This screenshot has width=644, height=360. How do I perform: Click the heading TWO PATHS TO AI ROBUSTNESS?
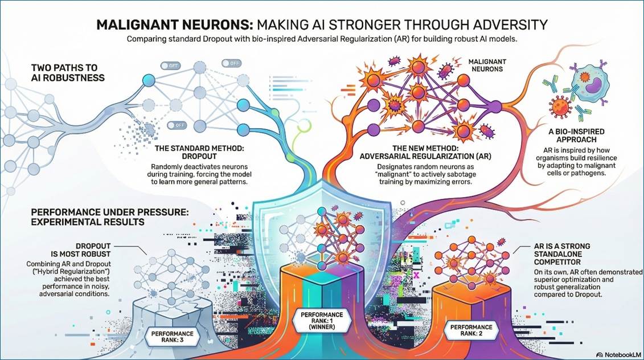coord(68,72)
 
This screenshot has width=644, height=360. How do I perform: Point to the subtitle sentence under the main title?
coord(322,40)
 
